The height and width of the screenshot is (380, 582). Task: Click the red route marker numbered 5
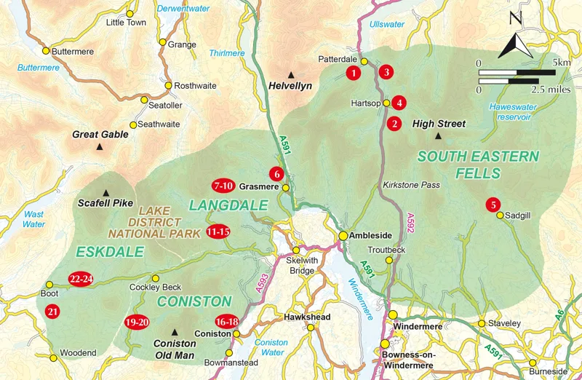coord(493,205)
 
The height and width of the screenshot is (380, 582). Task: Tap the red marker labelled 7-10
coord(223,185)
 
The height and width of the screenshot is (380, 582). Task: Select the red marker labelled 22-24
coord(80,279)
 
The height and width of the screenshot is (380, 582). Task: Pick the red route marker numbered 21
coord(52,312)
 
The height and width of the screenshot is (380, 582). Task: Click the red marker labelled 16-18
coord(227,321)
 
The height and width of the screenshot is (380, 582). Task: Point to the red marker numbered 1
coord(353,72)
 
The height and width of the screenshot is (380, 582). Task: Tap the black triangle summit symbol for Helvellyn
coord(291,74)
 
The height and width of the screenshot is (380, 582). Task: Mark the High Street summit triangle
coord(438,135)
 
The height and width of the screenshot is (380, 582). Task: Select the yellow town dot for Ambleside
coord(343,236)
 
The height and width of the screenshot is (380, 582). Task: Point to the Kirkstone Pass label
coord(411,185)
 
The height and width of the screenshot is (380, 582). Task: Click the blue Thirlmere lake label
coord(227,53)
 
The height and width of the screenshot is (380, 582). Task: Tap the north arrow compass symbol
coord(516,41)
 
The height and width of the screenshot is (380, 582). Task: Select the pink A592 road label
coord(410,222)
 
